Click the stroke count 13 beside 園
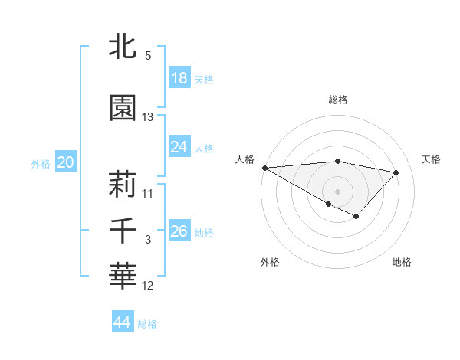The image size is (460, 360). click(148, 117)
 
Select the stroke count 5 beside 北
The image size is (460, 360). click(148, 56)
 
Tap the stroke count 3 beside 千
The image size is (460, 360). click(148, 240)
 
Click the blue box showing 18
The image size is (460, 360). click(179, 78)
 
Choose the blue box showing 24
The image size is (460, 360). click(179, 146)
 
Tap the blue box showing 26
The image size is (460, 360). click(179, 231)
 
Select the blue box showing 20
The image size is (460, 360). click(65, 162)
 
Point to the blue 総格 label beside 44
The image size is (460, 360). click(148, 324)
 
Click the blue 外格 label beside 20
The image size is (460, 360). click(41, 163)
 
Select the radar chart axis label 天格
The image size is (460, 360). click(432, 159)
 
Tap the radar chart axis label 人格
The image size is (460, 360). click(245, 159)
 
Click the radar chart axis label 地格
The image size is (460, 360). click(402, 263)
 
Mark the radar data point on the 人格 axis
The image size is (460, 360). click(264, 168)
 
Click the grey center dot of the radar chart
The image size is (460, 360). click(337, 191)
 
